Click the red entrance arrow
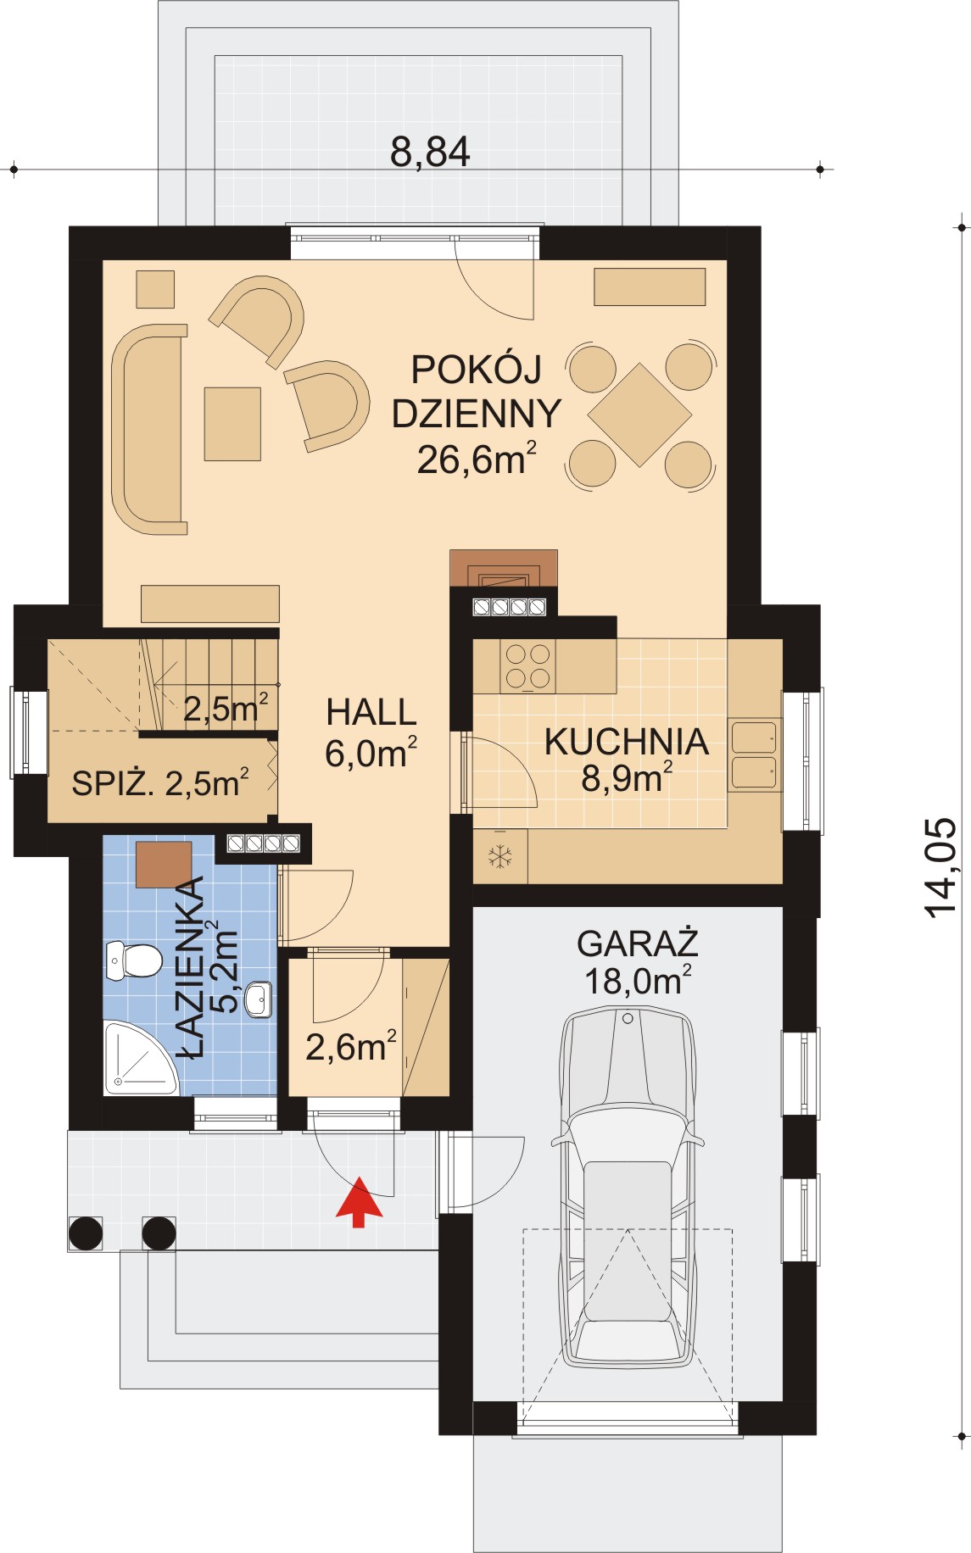click(x=360, y=1202)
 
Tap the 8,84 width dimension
click(x=430, y=153)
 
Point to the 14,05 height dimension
click(x=940, y=868)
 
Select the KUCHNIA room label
click(x=627, y=742)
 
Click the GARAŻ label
click(x=637, y=943)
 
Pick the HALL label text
click(x=371, y=712)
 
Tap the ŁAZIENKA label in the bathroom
click(x=192, y=966)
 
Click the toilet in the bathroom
click(x=134, y=960)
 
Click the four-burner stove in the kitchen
click(x=527, y=665)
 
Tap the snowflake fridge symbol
click(x=500, y=856)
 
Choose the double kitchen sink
click(x=754, y=755)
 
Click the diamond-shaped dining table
click(x=640, y=415)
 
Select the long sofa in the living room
click(x=150, y=429)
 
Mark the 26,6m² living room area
click(x=477, y=459)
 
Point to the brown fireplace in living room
click(x=504, y=568)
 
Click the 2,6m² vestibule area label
click(x=351, y=1047)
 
